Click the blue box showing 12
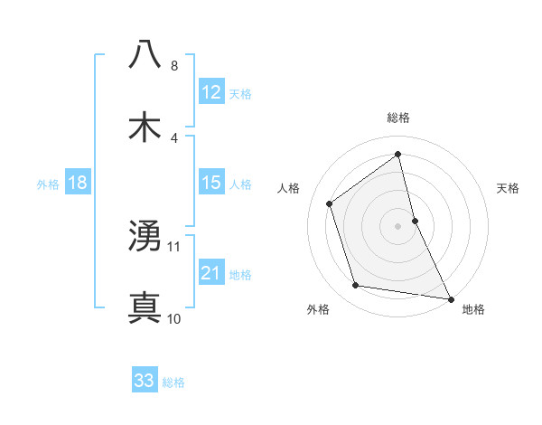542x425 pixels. tap(211, 91)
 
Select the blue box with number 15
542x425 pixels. tap(211, 184)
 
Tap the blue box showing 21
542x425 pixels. tap(211, 273)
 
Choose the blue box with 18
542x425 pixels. tap(78, 184)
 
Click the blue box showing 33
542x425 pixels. tap(145, 381)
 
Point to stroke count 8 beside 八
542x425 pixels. tap(174, 66)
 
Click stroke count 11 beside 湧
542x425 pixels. tap(174, 246)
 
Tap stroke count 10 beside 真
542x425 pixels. tap(174, 319)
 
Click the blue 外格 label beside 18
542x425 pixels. tap(48, 184)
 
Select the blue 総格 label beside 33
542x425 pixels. tap(173, 382)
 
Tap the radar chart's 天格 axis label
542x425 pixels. tap(509, 188)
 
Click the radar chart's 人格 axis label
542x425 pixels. tap(289, 188)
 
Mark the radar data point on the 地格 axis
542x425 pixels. tap(450, 297)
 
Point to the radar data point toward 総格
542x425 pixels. tap(398, 155)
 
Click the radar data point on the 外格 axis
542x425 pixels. tap(356, 286)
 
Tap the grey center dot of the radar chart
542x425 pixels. tap(398, 225)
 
